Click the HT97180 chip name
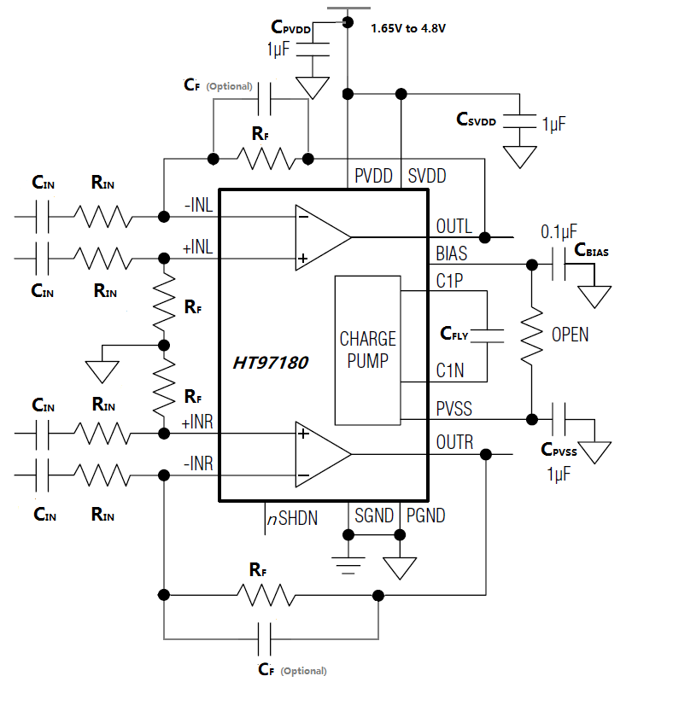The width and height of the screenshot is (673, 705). (x=271, y=362)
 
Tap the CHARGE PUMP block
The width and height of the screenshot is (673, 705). (x=368, y=350)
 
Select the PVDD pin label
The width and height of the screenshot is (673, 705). (x=374, y=177)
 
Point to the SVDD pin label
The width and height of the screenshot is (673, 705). (x=427, y=177)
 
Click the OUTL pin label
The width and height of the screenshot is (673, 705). (x=454, y=226)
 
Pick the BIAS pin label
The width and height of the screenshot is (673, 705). (x=452, y=253)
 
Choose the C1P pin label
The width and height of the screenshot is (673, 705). (x=449, y=281)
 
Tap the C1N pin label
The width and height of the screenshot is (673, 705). (x=450, y=371)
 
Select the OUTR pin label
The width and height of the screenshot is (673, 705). (x=454, y=443)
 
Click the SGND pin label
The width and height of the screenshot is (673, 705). (x=374, y=516)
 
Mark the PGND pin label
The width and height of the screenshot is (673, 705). (x=426, y=516)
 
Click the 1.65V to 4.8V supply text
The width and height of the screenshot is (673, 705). (x=408, y=28)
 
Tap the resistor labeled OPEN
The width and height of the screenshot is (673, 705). (x=532, y=334)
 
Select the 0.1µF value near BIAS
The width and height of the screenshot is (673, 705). (x=559, y=231)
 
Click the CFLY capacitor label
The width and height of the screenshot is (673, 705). (x=454, y=334)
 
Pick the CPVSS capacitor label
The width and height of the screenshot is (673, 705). (x=559, y=450)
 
